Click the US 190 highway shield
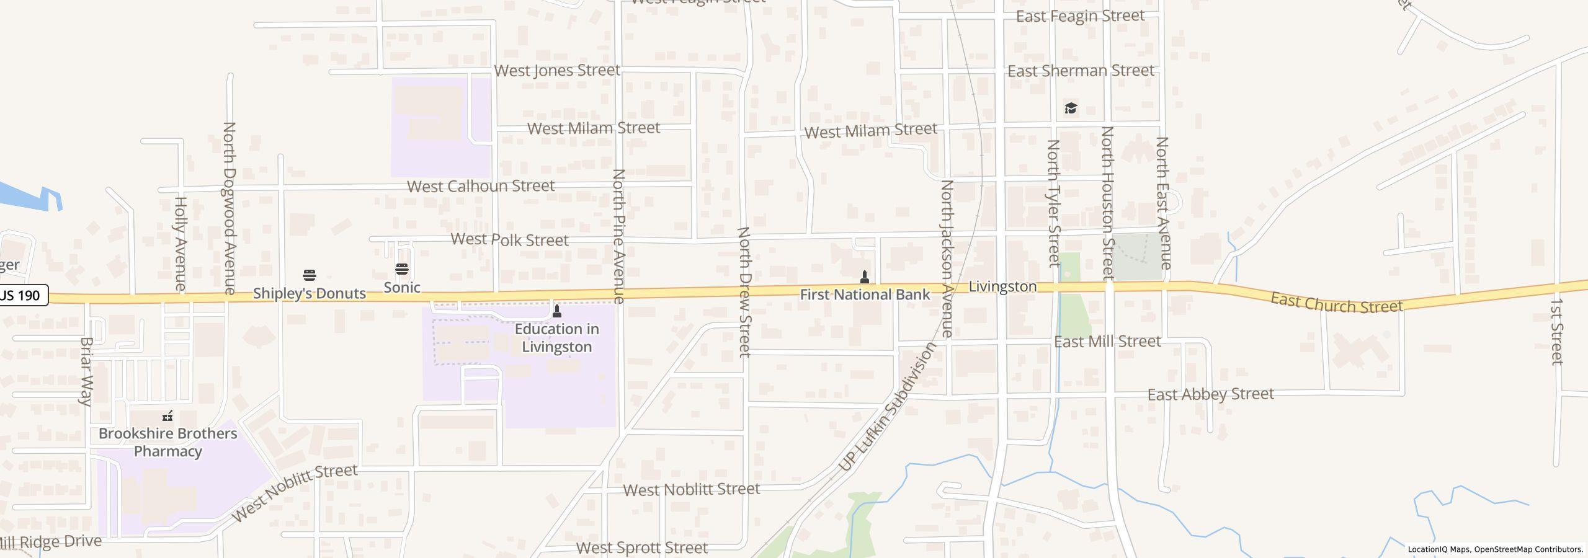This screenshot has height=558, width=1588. [x=22, y=295]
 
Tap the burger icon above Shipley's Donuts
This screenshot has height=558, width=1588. [x=310, y=275]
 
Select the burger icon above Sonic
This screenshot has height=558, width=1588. [x=402, y=269]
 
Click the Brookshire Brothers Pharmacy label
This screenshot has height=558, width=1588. [x=168, y=442]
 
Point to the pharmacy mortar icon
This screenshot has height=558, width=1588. [x=167, y=416]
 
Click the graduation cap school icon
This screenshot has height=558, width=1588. [x=1071, y=108]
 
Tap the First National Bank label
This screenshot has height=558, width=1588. [x=865, y=294]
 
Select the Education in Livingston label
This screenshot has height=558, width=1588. [x=557, y=338]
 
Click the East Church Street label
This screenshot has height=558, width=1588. [x=1336, y=303]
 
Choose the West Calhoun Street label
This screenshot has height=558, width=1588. [x=481, y=186]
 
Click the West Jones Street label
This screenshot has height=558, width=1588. [x=557, y=71]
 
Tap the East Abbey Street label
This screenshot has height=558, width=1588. [x=1210, y=394]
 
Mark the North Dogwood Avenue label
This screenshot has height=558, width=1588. [x=230, y=207]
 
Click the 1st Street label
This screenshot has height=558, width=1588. [x=1556, y=331]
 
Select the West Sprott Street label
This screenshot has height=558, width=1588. [x=641, y=547]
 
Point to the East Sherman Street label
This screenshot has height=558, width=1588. [x=1081, y=71]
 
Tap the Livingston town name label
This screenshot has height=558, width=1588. [x=1002, y=286]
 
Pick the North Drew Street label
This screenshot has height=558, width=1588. [x=744, y=291]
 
